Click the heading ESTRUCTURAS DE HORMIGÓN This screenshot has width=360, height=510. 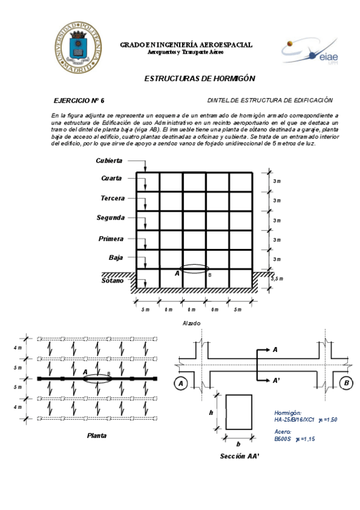pos(200,79)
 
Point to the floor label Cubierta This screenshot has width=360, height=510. pos(109,161)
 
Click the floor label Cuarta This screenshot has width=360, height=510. pos(112,179)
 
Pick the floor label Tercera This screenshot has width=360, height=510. pos(112,198)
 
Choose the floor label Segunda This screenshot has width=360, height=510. pos(111,218)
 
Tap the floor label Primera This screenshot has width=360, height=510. pos(111,239)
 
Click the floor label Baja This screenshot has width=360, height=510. pos(115,257)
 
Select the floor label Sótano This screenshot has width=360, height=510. pos(112,280)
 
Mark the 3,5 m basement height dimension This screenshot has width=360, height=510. pos(277,279)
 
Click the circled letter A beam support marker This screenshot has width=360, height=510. pos(180,382)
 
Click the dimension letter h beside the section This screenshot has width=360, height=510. pos(211,413)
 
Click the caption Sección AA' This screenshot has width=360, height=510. pos(239,456)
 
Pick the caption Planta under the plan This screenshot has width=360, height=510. pos(97,435)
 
